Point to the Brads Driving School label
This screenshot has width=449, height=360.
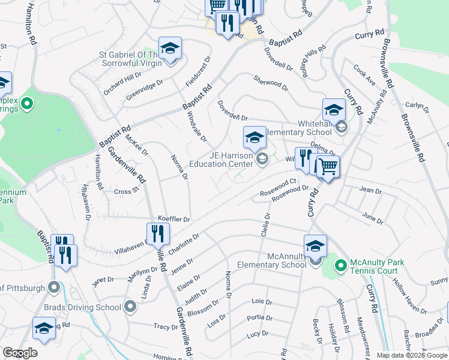[83, 307]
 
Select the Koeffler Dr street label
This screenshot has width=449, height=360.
[173, 220]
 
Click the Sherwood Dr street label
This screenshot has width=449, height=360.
[271, 83]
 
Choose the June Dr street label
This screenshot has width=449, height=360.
[372, 218]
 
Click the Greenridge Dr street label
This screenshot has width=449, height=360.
[144, 90]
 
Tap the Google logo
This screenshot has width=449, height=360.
[20, 353]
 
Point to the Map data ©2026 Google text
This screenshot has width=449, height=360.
[411, 355]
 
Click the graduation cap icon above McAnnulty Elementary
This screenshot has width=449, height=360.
[315, 246]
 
